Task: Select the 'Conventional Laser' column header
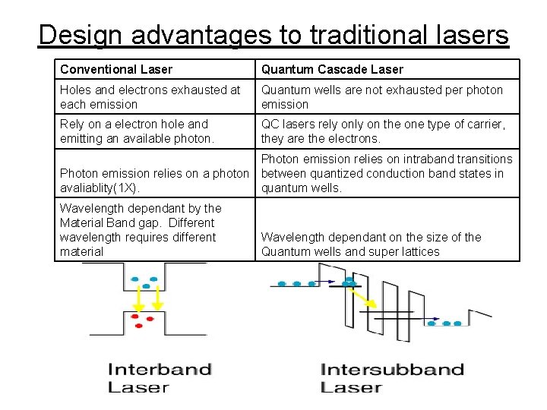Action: point(116,70)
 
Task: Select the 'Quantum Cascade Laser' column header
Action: point(332,70)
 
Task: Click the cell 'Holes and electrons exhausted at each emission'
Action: point(150,97)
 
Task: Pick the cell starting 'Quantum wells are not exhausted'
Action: point(382,97)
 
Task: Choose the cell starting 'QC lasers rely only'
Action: point(383,131)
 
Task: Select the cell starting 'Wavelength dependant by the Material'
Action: point(141,229)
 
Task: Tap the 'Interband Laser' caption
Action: point(160,378)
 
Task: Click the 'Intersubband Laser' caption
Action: point(392,378)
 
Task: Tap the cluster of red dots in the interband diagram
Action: point(140,320)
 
